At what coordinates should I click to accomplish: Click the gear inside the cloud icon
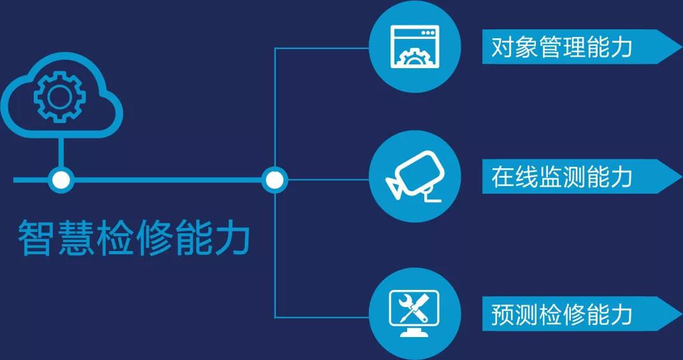[60, 97]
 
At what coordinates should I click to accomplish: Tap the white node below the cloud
[61, 180]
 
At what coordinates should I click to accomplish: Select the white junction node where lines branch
[275, 180]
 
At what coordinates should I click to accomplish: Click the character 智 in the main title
[36, 238]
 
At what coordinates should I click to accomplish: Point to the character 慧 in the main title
[75, 238]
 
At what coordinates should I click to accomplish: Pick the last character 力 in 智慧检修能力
[232, 238]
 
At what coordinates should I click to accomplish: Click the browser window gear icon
[415, 47]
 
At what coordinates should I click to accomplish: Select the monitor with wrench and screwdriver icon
[414, 313]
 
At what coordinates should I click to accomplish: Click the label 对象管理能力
[561, 47]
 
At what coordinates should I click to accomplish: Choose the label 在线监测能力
[561, 176]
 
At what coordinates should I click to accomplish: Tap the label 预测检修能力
[561, 313]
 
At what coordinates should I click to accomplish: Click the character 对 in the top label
[503, 47]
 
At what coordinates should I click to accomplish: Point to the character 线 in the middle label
[526, 176]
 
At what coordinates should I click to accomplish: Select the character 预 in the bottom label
[503, 313]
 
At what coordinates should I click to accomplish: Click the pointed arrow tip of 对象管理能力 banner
[682, 47]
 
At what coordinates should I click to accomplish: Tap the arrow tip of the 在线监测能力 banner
[682, 176]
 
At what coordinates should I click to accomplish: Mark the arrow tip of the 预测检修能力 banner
[682, 313]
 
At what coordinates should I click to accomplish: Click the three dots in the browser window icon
[428, 32]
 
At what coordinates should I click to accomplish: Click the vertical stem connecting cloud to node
[61, 152]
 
